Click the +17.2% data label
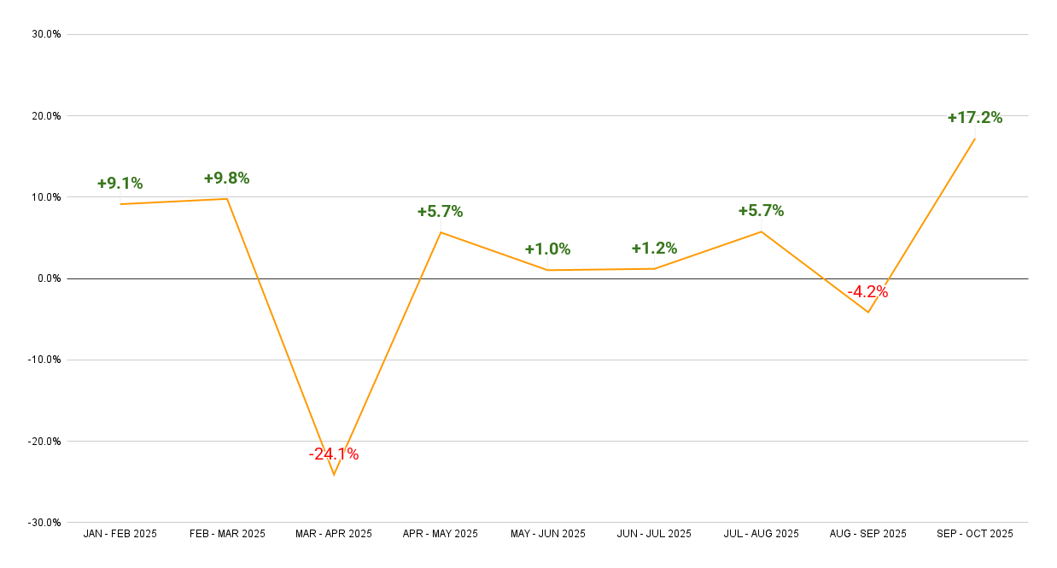pyautogui.click(x=974, y=118)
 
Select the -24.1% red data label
pyautogui.click(x=334, y=454)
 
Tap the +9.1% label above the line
pyautogui.click(x=120, y=184)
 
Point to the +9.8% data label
pyautogui.click(x=226, y=179)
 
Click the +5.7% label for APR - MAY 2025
pyautogui.click(x=440, y=212)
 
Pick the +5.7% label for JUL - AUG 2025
pyautogui.click(x=761, y=211)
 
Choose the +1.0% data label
pyautogui.click(x=547, y=249)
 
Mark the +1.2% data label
pyautogui.click(x=654, y=249)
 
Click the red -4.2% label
pyautogui.click(x=867, y=292)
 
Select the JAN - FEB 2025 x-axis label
pyautogui.click(x=120, y=534)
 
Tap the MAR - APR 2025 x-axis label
pyautogui.click(x=334, y=534)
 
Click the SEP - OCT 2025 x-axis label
pyautogui.click(x=974, y=534)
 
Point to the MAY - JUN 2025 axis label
pyautogui.click(x=547, y=534)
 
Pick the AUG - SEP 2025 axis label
pyautogui.click(x=867, y=534)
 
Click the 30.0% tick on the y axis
pyautogui.click(x=46, y=34)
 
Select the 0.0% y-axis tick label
pyautogui.click(x=48, y=278)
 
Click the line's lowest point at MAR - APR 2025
pyautogui.click(x=334, y=474)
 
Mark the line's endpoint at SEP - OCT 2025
pyautogui.click(x=974, y=138)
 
